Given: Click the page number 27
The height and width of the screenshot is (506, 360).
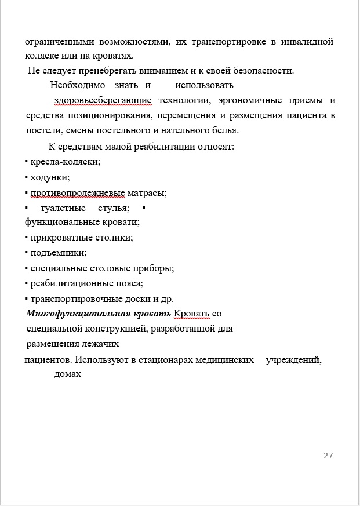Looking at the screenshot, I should click(x=328, y=456).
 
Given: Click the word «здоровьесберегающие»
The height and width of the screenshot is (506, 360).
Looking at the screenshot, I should click(x=103, y=101).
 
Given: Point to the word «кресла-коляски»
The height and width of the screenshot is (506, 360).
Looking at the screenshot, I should click(x=66, y=162).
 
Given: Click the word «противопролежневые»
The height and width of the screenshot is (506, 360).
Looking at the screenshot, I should click(x=79, y=192).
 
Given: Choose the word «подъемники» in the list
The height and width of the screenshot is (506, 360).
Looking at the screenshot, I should click(x=59, y=253).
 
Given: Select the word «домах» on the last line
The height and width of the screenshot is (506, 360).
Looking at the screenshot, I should click(x=67, y=374).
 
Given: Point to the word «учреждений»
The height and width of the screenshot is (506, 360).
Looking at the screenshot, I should click(x=293, y=360).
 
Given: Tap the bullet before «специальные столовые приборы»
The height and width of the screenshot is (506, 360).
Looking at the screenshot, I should click(x=26, y=268).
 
